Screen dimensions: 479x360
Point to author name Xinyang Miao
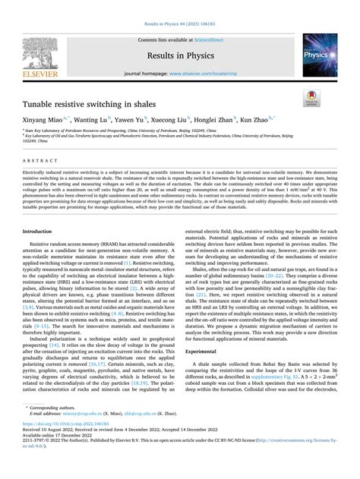click(x=53, y=120)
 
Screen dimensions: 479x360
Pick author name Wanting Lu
click(x=96, y=120)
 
